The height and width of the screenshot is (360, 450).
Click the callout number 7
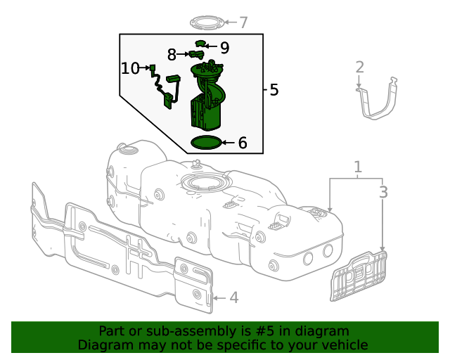coord(243,22)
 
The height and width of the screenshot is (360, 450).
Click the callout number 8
coord(172,54)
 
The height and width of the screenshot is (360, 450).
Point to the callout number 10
coord(131,68)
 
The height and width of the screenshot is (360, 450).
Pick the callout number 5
coord(274,90)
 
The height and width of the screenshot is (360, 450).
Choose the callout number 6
coord(243,143)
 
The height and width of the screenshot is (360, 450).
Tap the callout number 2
coord(359,67)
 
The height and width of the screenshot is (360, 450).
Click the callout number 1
coord(358,167)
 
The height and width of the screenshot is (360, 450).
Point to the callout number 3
coord(383,192)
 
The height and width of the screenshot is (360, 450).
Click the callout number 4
coord(234,297)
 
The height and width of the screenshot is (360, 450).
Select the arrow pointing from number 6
coord(227,143)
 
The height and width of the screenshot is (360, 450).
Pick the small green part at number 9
coord(200,44)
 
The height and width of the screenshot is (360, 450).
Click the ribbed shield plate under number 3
coord(359,277)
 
